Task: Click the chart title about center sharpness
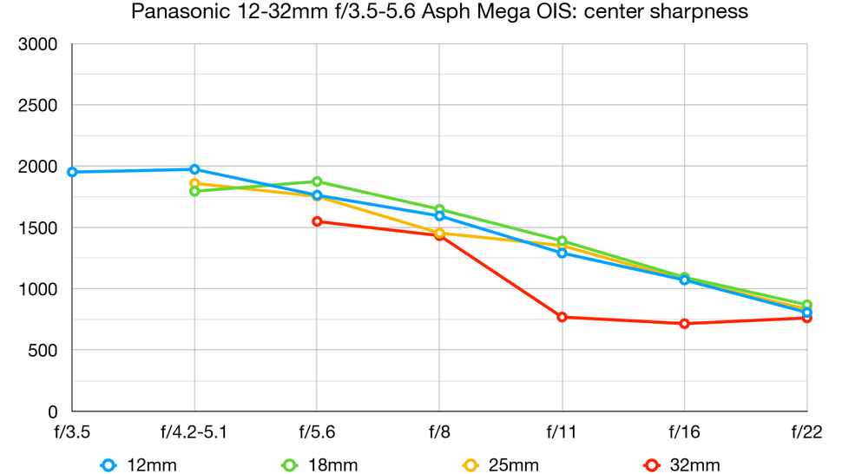click(x=438, y=12)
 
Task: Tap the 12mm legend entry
click(x=139, y=464)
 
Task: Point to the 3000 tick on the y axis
click(x=38, y=45)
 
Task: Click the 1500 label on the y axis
click(x=38, y=228)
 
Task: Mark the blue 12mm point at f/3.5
click(x=72, y=172)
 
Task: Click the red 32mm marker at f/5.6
click(x=317, y=221)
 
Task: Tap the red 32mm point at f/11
click(x=562, y=317)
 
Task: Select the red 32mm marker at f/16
click(x=685, y=324)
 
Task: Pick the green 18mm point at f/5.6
click(x=317, y=181)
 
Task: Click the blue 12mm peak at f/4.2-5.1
click(x=194, y=169)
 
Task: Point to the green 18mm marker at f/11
click(x=562, y=241)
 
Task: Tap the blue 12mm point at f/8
click(x=439, y=216)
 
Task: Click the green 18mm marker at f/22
click(x=806, y=305)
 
